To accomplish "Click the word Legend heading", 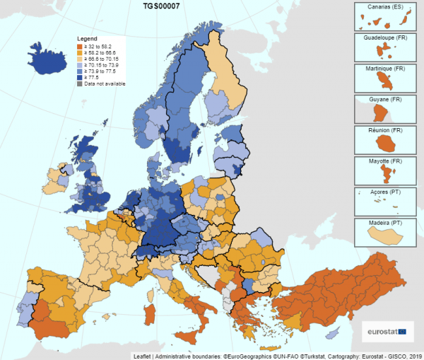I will coord(88,37).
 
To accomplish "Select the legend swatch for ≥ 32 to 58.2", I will coord(80,46).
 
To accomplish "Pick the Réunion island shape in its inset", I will coord(385,143).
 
